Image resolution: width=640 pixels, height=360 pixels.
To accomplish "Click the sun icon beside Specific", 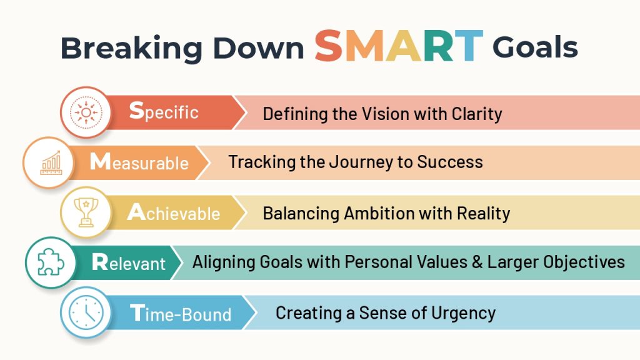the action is [86, 112].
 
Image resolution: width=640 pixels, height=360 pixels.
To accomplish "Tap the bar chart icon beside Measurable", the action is [51, 163].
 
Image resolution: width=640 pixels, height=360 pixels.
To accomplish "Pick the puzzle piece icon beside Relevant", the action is [51, 262].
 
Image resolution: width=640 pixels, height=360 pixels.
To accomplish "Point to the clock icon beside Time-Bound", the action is [86, 312].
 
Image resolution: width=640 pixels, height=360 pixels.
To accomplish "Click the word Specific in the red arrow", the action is [164, 111].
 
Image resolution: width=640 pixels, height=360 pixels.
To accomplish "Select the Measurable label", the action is [139, 162].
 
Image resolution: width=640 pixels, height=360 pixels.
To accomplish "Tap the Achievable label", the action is [174, 212].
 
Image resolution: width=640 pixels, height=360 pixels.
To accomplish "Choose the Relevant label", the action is [129, 262].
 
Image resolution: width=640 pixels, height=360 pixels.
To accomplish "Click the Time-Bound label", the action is [181, 313].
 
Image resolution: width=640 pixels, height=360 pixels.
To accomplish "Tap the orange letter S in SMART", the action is [329, 45].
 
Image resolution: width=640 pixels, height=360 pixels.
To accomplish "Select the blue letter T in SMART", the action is [469, 46].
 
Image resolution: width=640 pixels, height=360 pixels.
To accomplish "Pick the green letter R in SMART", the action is [437, 46].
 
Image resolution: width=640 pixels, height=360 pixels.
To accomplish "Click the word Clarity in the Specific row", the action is [477, 114].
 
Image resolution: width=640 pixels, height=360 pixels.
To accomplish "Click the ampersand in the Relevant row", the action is [477, 262].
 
